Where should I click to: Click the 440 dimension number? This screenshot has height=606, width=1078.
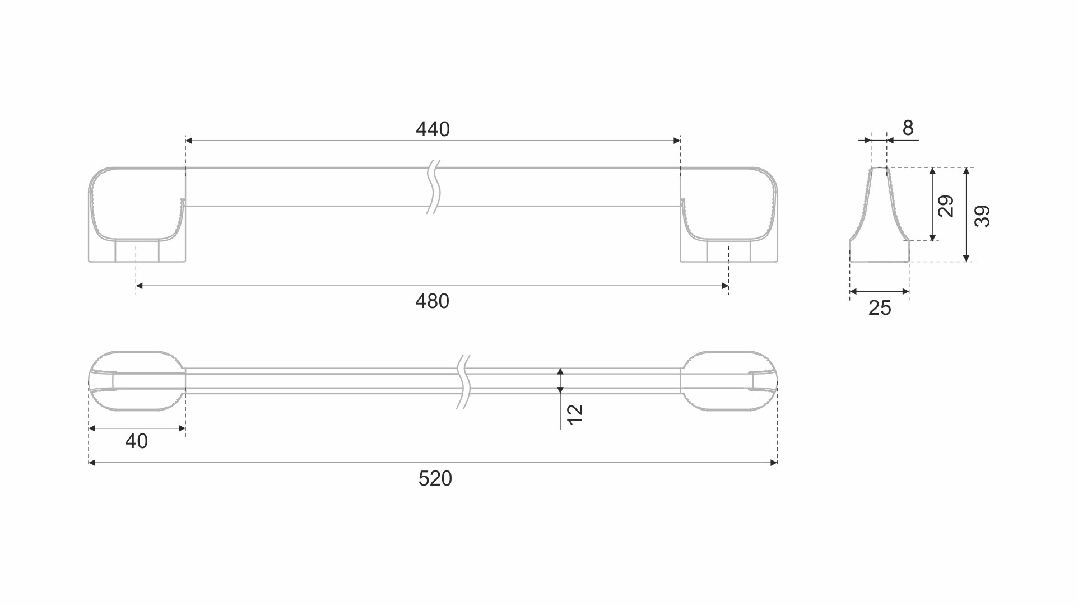coord(433,129)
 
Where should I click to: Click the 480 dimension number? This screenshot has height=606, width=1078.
coord(432,301)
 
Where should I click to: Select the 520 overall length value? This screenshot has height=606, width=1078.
coord(435,479)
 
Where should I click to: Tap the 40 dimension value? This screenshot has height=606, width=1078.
coord(136,441)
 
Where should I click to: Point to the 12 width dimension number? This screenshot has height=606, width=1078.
coord(575,414)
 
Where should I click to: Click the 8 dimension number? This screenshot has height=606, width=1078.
coord(908,128)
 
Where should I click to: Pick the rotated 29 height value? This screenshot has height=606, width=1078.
coord(946,206)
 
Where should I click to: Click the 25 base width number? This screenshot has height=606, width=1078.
coord(879,308)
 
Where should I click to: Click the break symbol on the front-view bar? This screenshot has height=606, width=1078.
coord(434,187)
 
